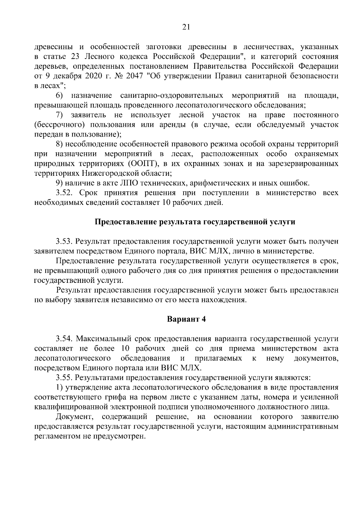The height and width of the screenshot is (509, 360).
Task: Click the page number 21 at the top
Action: point(186,27)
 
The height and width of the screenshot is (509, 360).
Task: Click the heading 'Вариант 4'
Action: point(186,319)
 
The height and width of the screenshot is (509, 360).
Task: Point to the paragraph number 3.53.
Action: point(65,241)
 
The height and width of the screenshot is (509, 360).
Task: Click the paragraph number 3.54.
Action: point(65,339)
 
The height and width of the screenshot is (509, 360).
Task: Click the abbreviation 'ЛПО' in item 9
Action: point(119,183)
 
